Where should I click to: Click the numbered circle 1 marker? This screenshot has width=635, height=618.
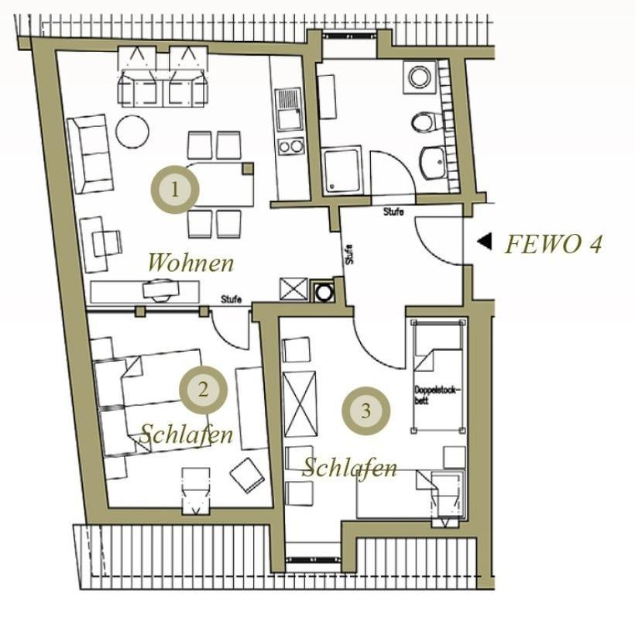pos(175,189)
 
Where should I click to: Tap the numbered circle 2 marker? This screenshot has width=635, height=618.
pos(204,390)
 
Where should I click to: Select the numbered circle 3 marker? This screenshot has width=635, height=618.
pos(366,411)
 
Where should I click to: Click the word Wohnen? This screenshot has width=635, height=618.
pos(191,263)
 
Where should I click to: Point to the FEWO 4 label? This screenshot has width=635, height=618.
pos(554,245)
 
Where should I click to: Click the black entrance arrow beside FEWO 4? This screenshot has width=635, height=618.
pos(485,242)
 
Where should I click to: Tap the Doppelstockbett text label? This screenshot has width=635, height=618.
pos(438,395)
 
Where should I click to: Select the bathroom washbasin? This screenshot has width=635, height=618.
pos(434,163)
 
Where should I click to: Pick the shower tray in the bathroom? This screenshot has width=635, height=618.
pos(342,170)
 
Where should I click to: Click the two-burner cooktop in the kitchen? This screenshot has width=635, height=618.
pos(290,146)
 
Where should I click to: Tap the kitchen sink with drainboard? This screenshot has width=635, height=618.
pos(288,109)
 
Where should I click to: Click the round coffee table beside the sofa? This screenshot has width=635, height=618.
pos(132,132)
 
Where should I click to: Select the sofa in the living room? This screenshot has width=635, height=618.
pos(90,154)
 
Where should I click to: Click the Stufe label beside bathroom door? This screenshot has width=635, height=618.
pos(393,211)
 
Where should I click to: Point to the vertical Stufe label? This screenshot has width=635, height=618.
pos(349,254)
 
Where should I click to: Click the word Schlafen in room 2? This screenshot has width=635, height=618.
pos(187,435)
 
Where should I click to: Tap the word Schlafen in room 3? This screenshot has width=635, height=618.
pos(349,468)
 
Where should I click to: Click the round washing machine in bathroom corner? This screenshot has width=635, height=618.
pos(420,77)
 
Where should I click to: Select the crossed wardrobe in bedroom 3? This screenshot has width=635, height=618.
pos(300,404)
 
